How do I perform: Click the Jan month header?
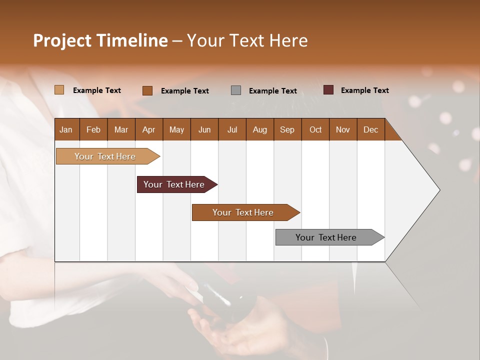[x=66, y=129]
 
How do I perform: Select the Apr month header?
[x=149, y=129]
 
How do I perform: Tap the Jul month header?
[x=232, y=129]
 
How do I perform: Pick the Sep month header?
[x=287, y=129]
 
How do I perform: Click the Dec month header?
[x=370, y=129]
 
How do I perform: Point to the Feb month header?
[x=93, y=129]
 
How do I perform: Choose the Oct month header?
[x=315, y=129]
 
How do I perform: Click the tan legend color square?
[x=59, y=90]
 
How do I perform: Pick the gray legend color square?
[x=236, y=90]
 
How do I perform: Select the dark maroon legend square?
[x=328, y=90]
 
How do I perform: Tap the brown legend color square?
[x=147, y=90]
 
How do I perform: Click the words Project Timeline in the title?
[x=100, y=40]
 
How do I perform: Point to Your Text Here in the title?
[x=247, y=40]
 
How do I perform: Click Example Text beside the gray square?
[x=272, y=91]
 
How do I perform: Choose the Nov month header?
[x=343, y=129]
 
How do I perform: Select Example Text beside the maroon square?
[x=364, y=90]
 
